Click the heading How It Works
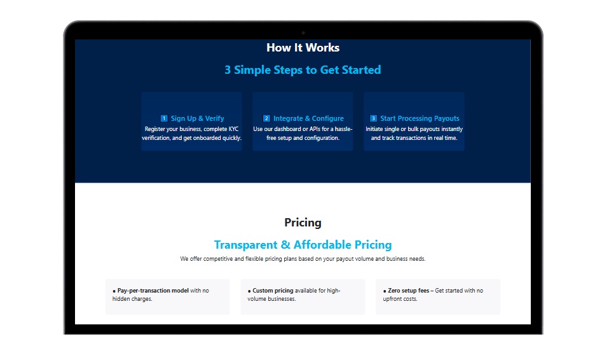[303, 48]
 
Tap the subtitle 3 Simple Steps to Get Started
[303, 70]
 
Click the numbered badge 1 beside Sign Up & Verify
[164, 118]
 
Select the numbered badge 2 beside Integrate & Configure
[266, 118]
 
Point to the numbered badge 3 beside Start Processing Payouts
[373, 118]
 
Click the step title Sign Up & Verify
[197, 118]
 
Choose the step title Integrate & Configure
[308, 118]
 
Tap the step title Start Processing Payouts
[420, 118]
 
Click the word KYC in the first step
[233, 128]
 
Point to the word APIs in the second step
[315, 128]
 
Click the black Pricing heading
[303, 223]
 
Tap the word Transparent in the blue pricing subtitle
[246, 245]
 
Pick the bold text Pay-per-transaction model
[153, 291]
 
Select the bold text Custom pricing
[273, 291]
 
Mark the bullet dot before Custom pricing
[249, 291]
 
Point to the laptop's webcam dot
[303, 33]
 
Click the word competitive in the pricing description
[218, 258]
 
